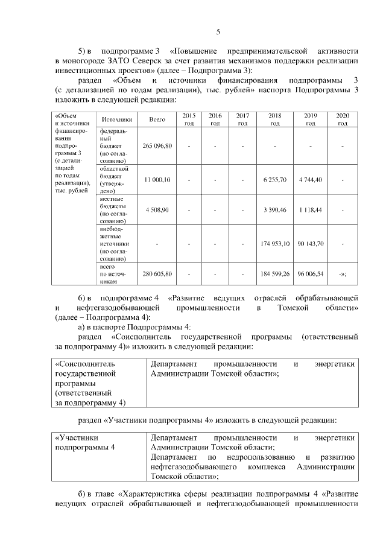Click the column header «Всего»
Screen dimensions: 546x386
pyautogui.click(x=157, y=119)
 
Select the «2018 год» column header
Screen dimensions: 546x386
pyautogui.click(x=275, y=119)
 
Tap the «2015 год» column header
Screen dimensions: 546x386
pyautogui.click(x=189, y=119)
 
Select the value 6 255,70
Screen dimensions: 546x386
pyautogui.click(x=275, y=180)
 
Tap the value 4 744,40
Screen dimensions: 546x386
pyautogui.click(x=310, y=180)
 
